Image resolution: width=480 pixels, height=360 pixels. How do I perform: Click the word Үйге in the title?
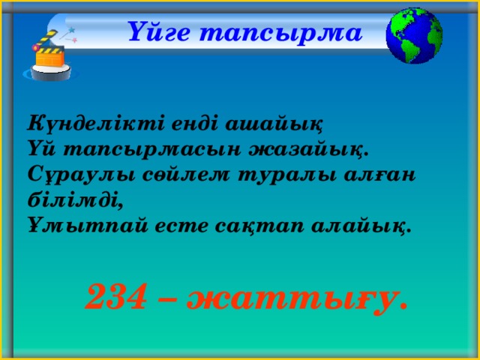click(x=158, y=32)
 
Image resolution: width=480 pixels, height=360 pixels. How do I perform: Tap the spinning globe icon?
click(x=414, y=35)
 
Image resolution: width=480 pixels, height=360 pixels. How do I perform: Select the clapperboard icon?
click(x=47, y=56)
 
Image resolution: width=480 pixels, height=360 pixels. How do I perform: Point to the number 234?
click(x=115, y=296)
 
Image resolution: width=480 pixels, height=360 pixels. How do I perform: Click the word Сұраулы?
click(x=81, y=177)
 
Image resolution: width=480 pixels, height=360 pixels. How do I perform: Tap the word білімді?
click(x=76, y=200)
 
